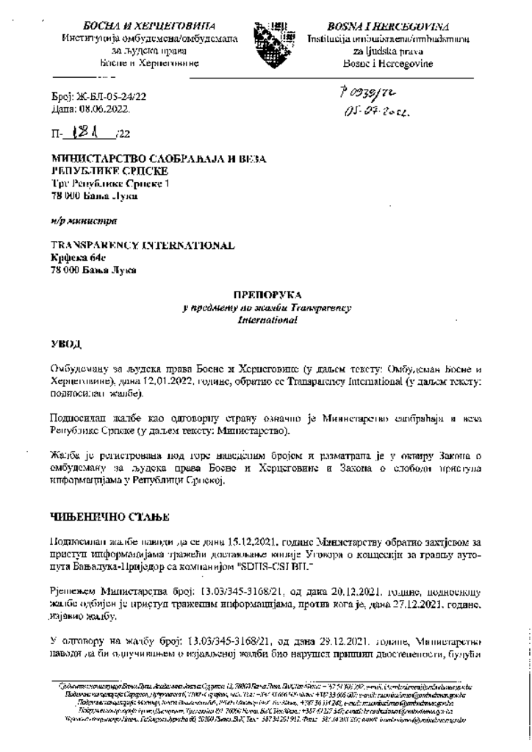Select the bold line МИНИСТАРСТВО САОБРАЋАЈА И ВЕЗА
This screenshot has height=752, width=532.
(x=157, y=159)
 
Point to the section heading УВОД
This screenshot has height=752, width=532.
(x=65, y=343)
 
